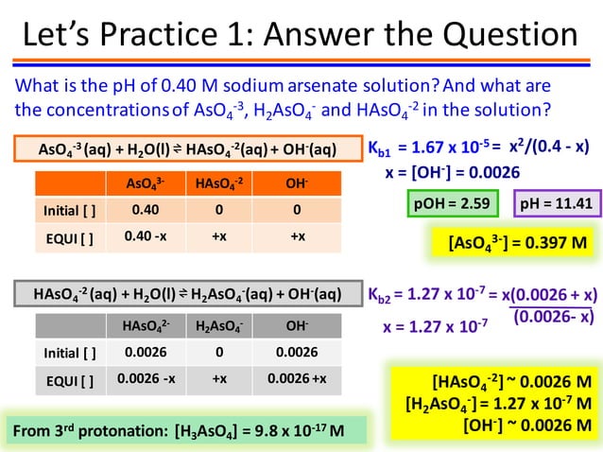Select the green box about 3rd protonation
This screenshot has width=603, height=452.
pos(180,431)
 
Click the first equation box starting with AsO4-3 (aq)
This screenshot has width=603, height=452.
pos(186,149)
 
